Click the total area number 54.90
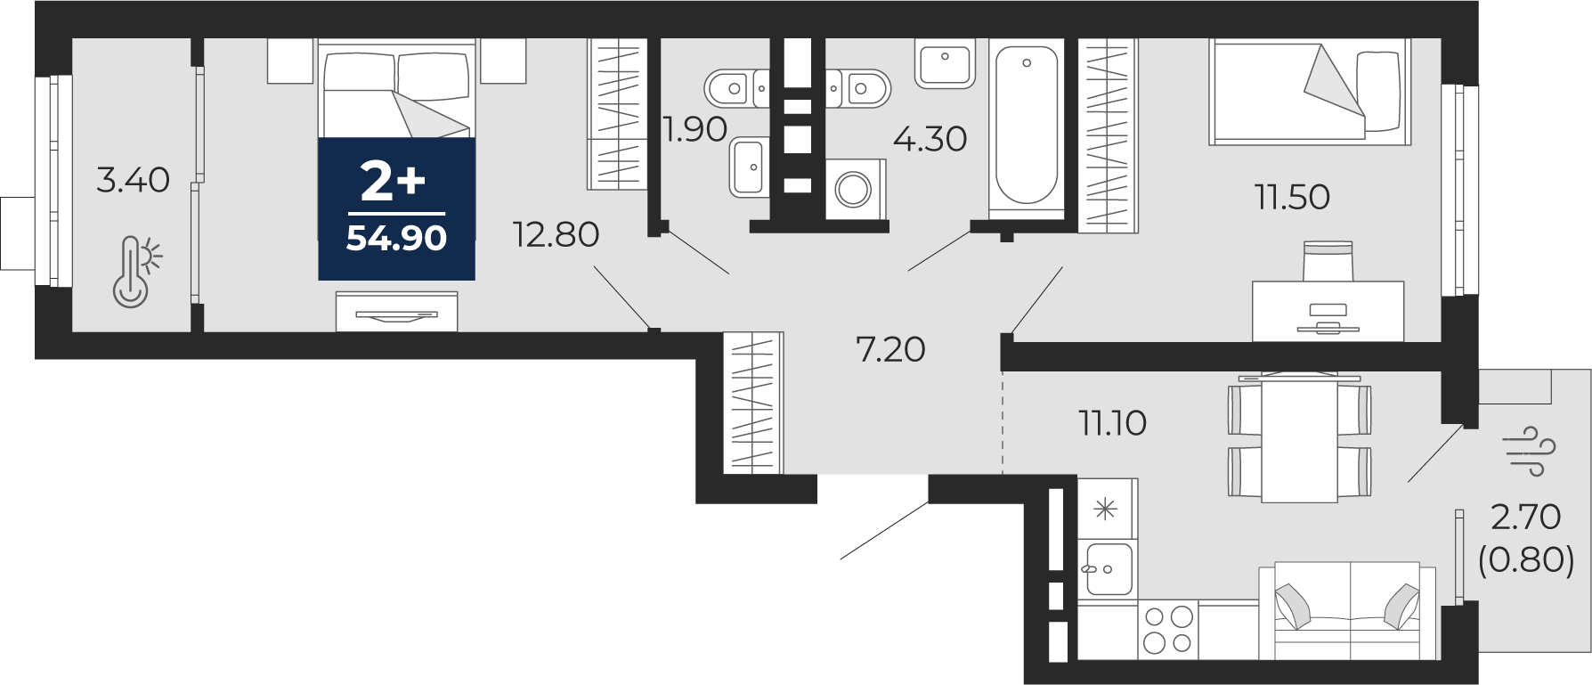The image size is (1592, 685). [396, 238]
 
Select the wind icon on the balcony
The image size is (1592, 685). [1528, 451]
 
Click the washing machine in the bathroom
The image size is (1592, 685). [855, 189]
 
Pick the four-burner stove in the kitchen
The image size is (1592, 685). [1168, 629]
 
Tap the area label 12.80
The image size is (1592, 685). [556, 234]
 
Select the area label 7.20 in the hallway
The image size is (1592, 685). [890, 349]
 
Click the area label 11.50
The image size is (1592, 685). [1292, 197]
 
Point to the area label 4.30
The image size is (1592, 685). [930, 139]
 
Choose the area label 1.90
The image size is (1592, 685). [695, 130]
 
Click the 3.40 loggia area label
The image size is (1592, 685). [133, 180]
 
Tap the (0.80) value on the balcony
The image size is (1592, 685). [1526, 559]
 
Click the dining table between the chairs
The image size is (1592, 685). [1300, 439]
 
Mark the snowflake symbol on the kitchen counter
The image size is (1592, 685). [1105, 510]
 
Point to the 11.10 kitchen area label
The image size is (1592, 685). [1112, 423]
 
